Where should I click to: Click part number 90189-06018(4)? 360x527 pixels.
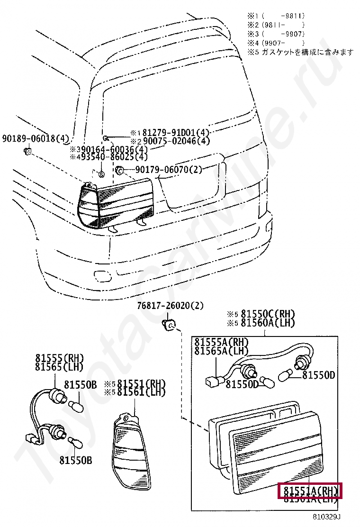click(36, 138)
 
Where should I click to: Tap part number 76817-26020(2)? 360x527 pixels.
click(171, 306)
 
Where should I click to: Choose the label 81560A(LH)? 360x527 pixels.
click(267, 323)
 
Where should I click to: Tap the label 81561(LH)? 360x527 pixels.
click(141, 391)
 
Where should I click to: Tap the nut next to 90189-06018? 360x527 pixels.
click(27, 152)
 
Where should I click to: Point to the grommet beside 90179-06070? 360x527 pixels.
click(120, 170)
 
